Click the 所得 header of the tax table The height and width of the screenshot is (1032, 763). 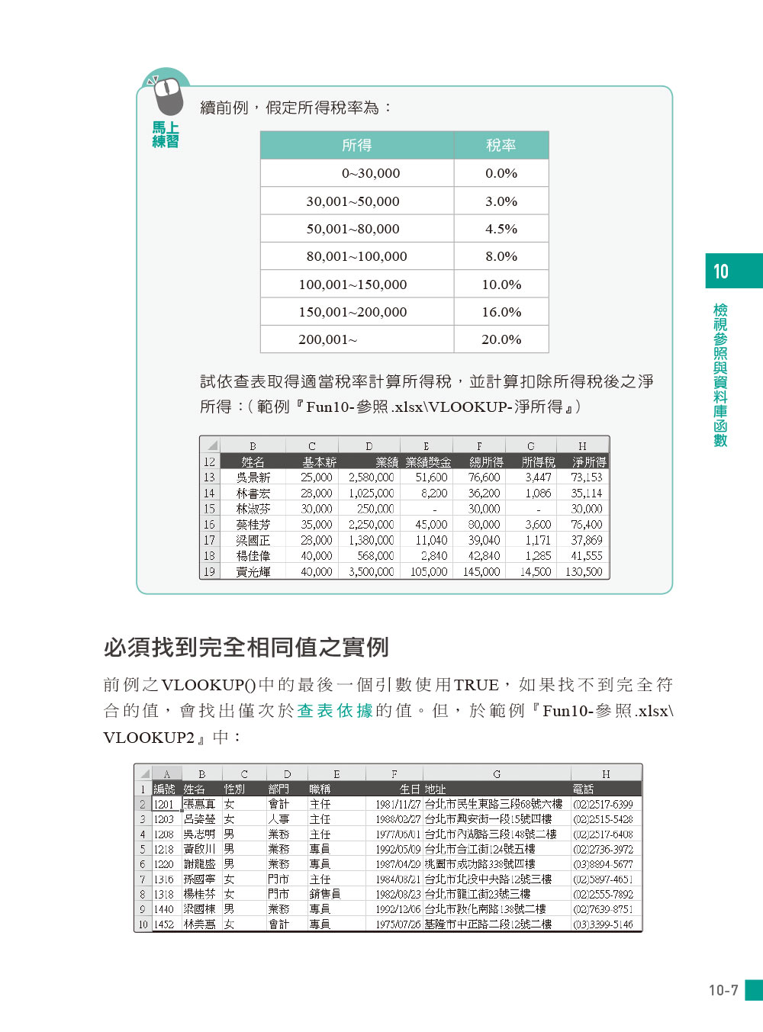pyautogui.click(x=356, y=145)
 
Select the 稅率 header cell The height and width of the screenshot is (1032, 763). pyautogui.click(x=501, y=145)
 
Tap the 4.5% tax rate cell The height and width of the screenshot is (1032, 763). pyautogui.click(x=501, y=229)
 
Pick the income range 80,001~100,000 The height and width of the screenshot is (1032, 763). pyautogui.click(x=356, y=256)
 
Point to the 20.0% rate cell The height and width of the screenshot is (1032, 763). pyautogui.click(x=501, y=339)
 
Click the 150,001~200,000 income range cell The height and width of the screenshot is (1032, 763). pyautogui.click(x=353, y=312)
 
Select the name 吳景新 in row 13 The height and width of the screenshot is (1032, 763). pyautogui.click(x=253, y=477)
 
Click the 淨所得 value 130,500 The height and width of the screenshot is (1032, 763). pyautogui.click(x=584, y=571)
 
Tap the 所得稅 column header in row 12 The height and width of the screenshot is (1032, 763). pyautogui.click(x=538, y=462)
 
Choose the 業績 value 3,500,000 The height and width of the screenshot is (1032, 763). pyautogui.click(x=371, y=571)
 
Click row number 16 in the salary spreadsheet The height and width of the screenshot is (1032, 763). pyautogui.click(x=209, y=525)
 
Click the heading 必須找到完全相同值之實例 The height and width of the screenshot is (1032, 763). pyautogui.click(x=246, y=648)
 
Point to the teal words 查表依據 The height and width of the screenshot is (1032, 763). pyautogui.click(x=335, y=711)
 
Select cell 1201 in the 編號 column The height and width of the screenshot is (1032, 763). pyautogui.click(x=164, y=804)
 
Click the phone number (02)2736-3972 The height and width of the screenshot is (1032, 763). pyautogui.click(x=603, y=849)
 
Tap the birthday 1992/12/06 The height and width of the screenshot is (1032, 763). pyautogui.click(x=398, y=909)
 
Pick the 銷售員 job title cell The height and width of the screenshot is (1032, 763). pyautogui.click(x=324, y=894)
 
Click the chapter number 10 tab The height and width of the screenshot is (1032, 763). pyautogui.click(x=721, y=272)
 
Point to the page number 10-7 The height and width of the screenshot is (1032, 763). pyautogui.click(x=723, y=990)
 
